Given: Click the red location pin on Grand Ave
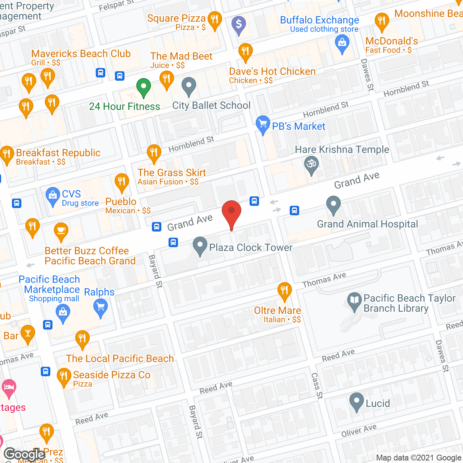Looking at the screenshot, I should click(231, 212).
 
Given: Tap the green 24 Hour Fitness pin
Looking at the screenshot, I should click(144, 87).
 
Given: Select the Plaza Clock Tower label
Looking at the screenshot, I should click(251, 248).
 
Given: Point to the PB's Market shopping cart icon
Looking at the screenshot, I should click(263, 124).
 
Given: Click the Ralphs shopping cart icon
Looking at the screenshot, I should click(101, 308).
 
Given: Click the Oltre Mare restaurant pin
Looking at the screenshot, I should click(285, 290).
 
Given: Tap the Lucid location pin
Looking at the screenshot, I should click(357, 401).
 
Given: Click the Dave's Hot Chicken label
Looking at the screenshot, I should click(272, 72).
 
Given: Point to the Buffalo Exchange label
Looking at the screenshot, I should click(319, 20).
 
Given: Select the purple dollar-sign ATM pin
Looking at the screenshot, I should click(239, 25).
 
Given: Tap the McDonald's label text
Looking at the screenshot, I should click(391, 41).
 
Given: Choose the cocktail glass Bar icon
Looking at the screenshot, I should click(28, 334).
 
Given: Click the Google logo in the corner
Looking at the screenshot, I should click(25, 454).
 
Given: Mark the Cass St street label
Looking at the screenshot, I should click(317, 386).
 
